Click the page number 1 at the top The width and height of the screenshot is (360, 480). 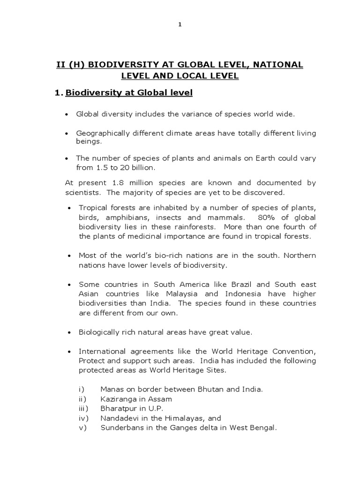[180, 25]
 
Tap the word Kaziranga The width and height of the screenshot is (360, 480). [118, 399]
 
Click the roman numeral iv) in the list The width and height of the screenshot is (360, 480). [82, 418]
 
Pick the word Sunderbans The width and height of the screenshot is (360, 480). [120, 427]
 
